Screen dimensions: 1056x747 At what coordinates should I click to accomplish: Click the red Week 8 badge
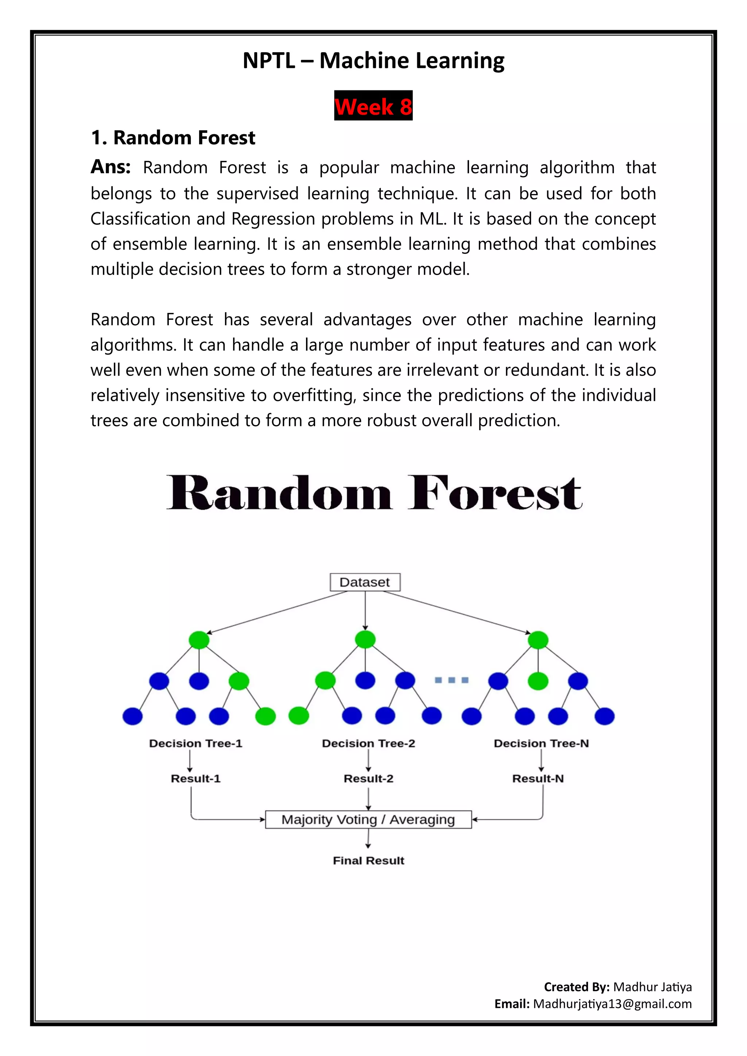tap(373, 106)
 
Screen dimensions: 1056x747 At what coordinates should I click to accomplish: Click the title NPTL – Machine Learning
tap(373, 61)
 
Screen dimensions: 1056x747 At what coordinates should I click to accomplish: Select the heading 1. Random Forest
tap(173, 137)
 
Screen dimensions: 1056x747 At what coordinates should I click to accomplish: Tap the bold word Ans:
tap(111, 167)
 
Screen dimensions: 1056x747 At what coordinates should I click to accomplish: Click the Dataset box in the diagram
tap(365, 582)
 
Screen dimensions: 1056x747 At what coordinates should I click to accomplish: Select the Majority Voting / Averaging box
tap(368, 819)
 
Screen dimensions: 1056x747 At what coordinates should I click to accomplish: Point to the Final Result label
tap(368, 861)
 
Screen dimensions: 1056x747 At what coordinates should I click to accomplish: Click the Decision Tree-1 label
tap(196, 743)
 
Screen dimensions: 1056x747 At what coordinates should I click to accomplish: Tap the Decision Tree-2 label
tap(368, 743)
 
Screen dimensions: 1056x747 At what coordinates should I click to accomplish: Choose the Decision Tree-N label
tap(541, 743)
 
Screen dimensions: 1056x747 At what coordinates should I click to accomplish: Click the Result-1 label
tap(196, 778)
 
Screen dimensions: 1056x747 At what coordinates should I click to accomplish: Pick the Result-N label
tap(538, 778)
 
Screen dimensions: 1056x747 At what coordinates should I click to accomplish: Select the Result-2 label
tap(368, 778)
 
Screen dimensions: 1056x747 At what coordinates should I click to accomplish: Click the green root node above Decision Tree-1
tap(199, 640)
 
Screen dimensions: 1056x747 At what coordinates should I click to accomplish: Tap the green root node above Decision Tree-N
tap(538, 640)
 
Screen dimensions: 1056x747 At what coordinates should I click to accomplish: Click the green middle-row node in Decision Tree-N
tap(538, 681)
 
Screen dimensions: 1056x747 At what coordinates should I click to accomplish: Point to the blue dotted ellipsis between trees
tap(452, 680)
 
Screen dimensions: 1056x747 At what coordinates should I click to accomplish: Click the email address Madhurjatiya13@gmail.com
tap(612, 1003)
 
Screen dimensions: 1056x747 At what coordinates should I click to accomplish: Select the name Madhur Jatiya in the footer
tap(652, 987)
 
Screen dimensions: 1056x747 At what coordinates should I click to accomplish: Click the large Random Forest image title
tap(373, 493)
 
